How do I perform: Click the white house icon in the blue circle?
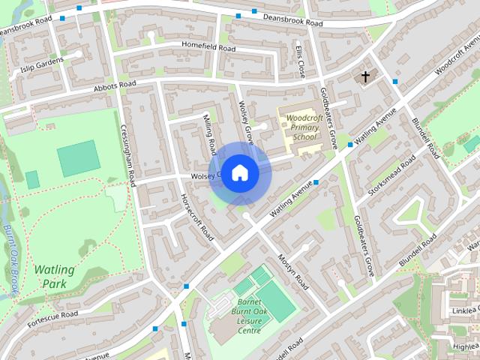coord(239,172)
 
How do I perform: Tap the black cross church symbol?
coord(366,76)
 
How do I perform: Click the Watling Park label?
coord(54,277)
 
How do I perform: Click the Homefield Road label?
coord(208,47)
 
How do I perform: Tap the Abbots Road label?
coord(115,85)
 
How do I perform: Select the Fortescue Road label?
coord(52,317)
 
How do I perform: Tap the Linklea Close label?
coord(464,311)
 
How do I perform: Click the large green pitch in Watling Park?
coord(78,157)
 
